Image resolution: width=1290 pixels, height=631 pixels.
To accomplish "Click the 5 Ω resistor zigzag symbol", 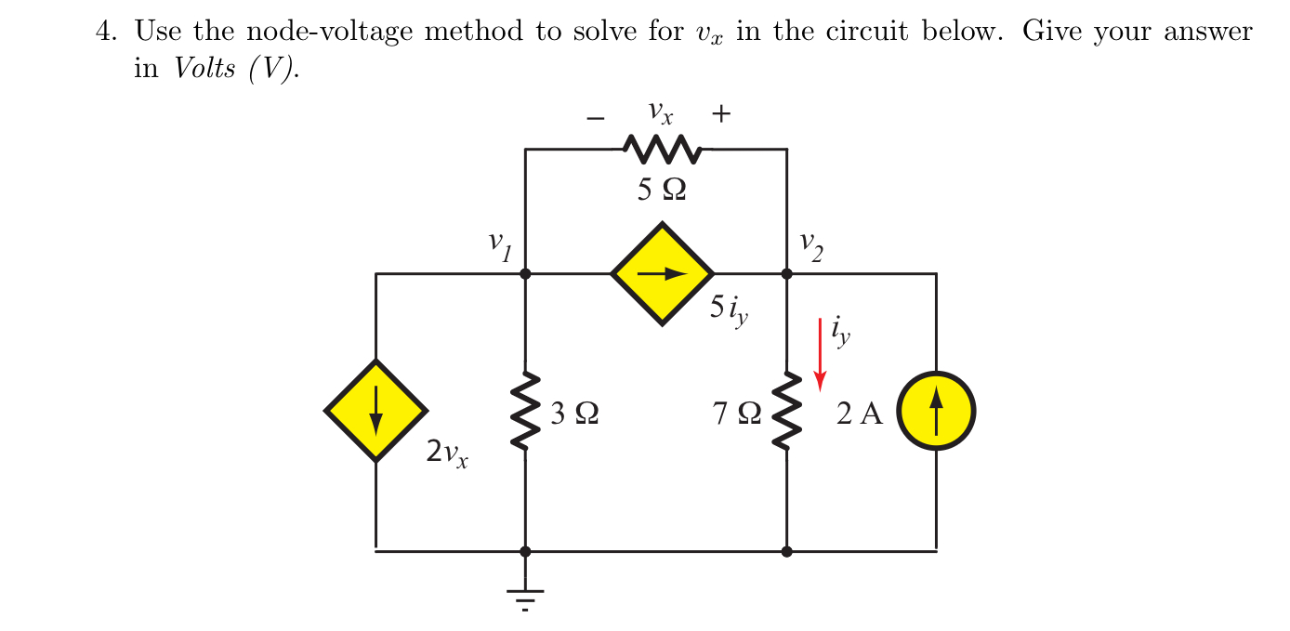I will [662, 148].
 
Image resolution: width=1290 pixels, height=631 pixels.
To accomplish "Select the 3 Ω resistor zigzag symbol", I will [526, 412].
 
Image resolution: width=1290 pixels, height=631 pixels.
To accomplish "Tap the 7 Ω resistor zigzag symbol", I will [787, 412].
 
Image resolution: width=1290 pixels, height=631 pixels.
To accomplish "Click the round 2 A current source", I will [936, 411].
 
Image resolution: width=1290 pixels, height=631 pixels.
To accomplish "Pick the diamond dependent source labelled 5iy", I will [662, 273].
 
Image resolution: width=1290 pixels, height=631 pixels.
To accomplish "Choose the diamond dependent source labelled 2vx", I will [375, 411].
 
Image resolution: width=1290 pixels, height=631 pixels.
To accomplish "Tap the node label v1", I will [500, 246].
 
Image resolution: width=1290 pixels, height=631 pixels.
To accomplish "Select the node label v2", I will [810, 246].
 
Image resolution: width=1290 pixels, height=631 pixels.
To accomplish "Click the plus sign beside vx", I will [721, 114].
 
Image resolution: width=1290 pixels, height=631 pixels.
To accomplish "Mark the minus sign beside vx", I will [596, 118].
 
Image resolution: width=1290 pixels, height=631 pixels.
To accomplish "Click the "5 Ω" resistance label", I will [662, 190].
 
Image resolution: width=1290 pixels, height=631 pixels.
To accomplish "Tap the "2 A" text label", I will [860, 414].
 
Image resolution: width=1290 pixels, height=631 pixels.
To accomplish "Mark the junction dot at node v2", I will [787, 274].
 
